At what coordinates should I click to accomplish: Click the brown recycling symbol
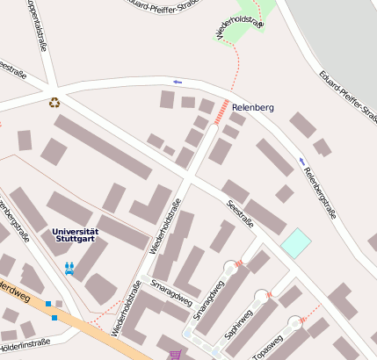pos(54,102)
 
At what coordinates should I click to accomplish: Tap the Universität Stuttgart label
pos(76,234)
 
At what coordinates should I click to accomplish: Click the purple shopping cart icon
pos(175,354)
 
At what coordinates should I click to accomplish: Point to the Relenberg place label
pos(253,107)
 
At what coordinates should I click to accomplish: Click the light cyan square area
pos(295,243)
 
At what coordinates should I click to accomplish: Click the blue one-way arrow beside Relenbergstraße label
pos(301,161)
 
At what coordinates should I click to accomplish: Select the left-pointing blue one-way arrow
pos(178,82)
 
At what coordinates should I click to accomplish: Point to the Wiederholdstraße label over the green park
pos(239,21)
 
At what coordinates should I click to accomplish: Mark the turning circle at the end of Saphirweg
pos(261,297)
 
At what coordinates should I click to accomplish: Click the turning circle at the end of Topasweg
pos(292,323)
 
